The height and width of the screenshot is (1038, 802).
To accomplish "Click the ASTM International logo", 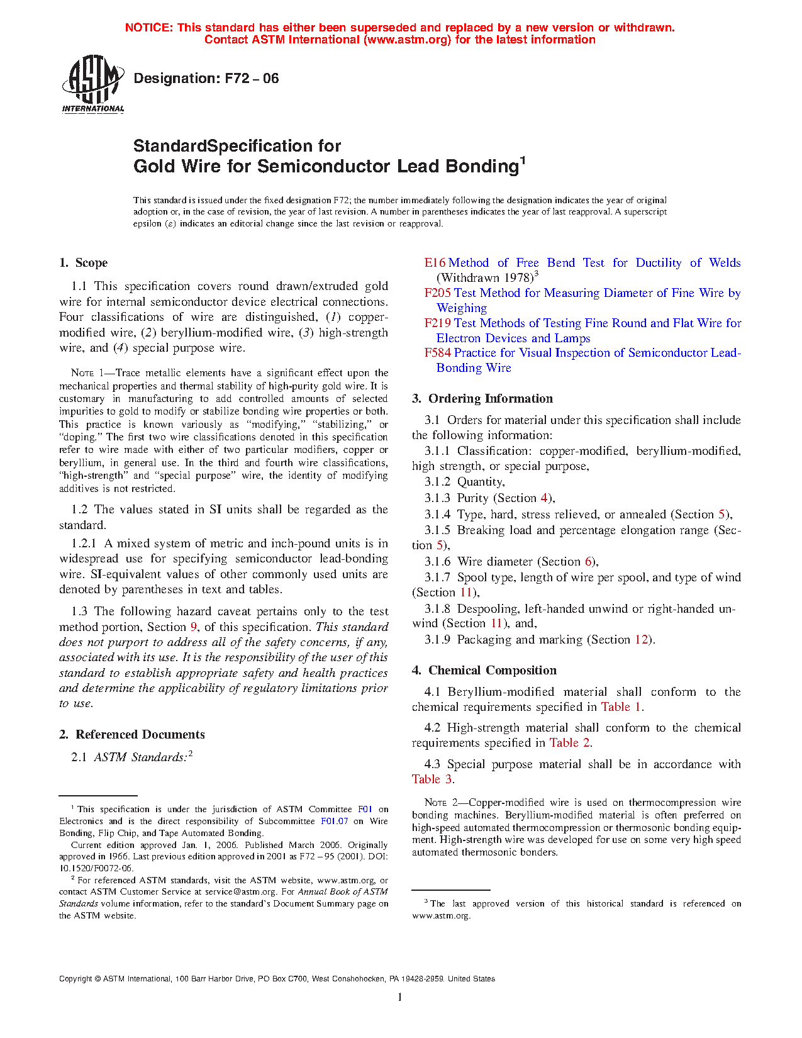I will coord(92,84).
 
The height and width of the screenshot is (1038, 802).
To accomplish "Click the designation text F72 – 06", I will coord(206,79).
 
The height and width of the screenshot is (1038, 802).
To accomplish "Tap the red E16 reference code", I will coord(435,263).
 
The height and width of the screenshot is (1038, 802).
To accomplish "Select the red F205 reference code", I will coord(437,293).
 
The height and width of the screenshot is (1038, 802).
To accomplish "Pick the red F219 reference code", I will coord(437,323).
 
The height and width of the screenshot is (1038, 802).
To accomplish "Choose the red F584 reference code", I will coord(437,353).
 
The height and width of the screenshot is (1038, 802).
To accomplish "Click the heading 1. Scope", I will coord(83,263).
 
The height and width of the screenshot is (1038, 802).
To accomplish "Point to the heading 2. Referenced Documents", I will coord(131,735).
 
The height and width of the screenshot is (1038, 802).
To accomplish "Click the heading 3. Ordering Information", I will coord(482,399).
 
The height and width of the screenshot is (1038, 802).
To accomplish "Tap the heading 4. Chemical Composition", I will coord(484,671).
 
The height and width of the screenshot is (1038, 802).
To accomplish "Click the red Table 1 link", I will coord(621,707).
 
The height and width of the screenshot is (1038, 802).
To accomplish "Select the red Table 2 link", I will coord(569,743).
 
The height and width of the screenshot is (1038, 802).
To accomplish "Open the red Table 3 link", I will coord(432,779).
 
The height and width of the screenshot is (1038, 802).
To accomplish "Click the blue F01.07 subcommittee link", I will coord(334,822).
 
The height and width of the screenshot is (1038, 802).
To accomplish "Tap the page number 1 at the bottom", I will coord(400,997).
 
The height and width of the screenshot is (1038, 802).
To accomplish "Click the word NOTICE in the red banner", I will coord(148,28).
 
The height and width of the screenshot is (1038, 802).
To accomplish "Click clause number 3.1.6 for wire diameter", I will coord(437,562).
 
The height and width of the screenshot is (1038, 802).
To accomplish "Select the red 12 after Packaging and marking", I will coord(641,640).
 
